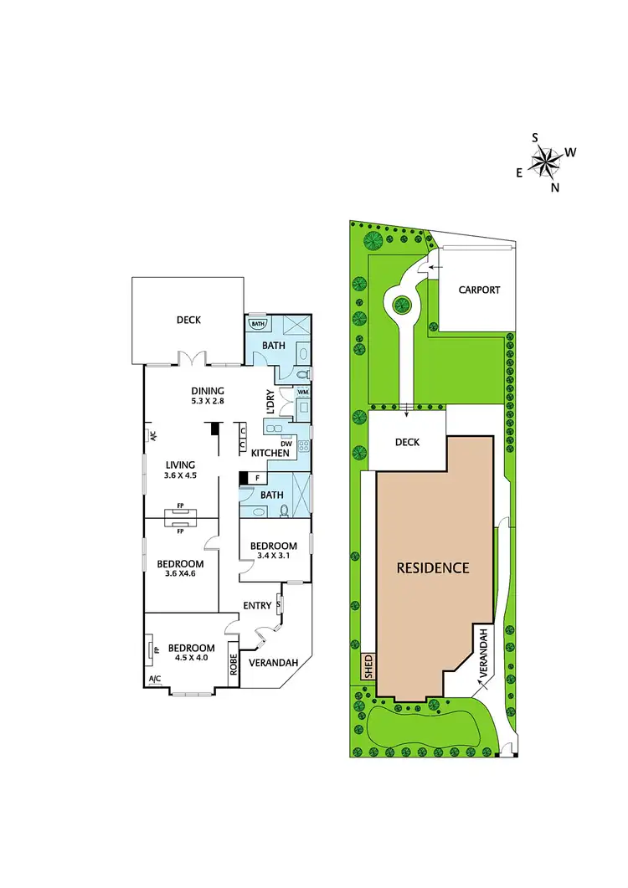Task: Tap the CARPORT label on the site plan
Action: [479, 290]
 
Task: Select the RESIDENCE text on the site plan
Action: [433, 567]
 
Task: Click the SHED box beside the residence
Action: [368, 666]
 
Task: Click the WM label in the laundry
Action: [301, 391]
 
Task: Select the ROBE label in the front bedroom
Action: [234, 665]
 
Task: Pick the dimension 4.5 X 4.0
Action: [191, 659]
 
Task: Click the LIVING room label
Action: [180, 465]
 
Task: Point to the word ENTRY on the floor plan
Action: [257, 605]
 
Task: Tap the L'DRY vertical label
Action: [270, 403]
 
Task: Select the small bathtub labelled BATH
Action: [256, 324]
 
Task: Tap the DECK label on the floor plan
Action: [188, 319]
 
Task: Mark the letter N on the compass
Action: [555, 187]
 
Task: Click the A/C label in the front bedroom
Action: [154, 679]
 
